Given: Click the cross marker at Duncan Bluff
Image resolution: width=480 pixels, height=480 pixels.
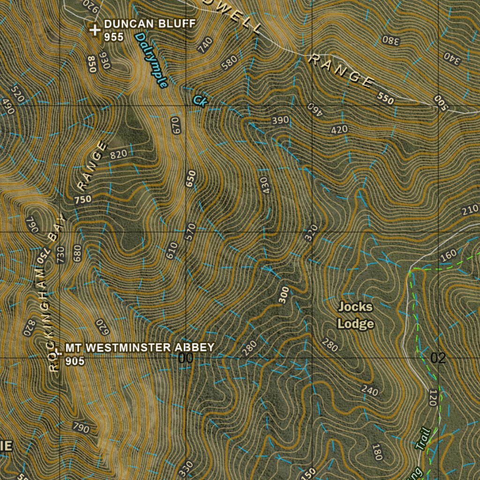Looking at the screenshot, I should pyautogui.click(x=95, y=30).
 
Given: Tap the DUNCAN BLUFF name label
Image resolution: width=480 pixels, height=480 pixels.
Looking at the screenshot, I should pyautogui.click(x=149, y=24).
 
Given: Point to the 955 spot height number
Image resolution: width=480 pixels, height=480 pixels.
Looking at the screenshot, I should pyautogui.click(x=114, y=37).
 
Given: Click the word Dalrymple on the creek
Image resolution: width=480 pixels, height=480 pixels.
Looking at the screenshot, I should pyautogui.click(x=151, y=60).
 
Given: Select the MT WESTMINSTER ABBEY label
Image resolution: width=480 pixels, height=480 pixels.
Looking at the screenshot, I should pyautogui.click(x=140, y=348).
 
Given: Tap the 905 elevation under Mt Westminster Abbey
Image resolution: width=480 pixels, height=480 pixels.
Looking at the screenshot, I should pyautogui.click(x=75, y=361).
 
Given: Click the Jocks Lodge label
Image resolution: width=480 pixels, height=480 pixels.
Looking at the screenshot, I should pyautogui.click(x=356, y=315).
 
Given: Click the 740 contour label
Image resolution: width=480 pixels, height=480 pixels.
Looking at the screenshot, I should pyautogui.click(x=205, y=45).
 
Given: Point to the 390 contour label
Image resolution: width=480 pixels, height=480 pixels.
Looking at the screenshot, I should pyautogui.click(x=280, y=120).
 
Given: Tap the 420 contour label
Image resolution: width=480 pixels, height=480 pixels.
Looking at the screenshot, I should pyautogui.click(x=339, y=129).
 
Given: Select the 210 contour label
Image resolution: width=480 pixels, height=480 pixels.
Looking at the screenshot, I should pyautogui.click(x=469, y=210).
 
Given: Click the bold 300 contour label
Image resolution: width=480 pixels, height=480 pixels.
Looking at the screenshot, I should pyautogui.click(x=284, y=295).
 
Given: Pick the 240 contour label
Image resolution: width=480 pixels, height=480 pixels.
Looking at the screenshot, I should pyautogui.click(x=369, y=390).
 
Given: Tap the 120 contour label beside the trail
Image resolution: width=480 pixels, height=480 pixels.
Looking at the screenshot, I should pyautogui.click(x=433, y=397).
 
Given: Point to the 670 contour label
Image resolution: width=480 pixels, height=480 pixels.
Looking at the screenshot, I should pyautogui.click(x=175, y=125).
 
